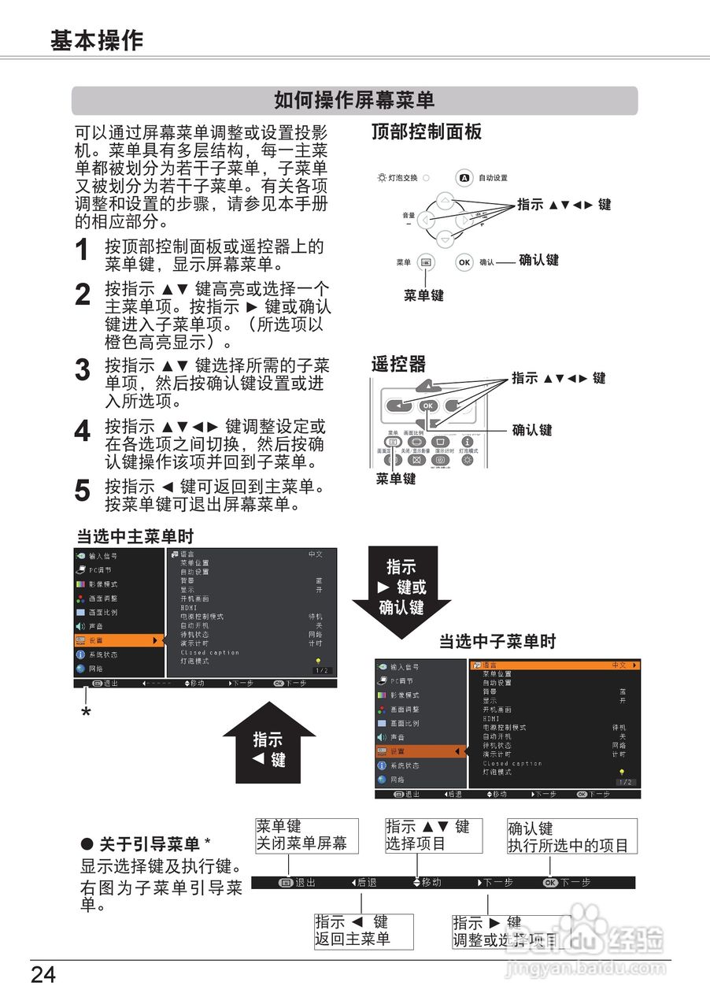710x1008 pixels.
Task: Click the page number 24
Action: [x=44, y=976]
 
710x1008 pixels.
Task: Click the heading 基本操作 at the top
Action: [x=97, y=40]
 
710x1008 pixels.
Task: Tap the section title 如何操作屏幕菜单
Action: [x=354, y=101]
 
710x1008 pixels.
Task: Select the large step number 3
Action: [x=83, y=370]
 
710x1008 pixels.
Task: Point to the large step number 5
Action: [x=83, y=490]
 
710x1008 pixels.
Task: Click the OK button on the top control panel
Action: [x=465, y=261]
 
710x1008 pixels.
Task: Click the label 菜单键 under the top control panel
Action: [x=424, y=296]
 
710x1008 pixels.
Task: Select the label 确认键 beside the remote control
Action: [x=532, y=430]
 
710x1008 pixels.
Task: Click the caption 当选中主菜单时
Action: [x=135, y=537]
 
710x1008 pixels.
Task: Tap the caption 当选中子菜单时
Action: [x=497, y=642]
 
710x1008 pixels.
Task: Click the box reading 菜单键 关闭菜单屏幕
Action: [x=306, y=835]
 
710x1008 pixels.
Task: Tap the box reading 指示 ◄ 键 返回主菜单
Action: [x=363, y=930]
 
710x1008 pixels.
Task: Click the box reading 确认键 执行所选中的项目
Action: [x=572, y=836]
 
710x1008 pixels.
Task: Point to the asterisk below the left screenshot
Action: [x=86, y=713]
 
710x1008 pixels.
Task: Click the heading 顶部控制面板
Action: [x=427, y=132]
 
